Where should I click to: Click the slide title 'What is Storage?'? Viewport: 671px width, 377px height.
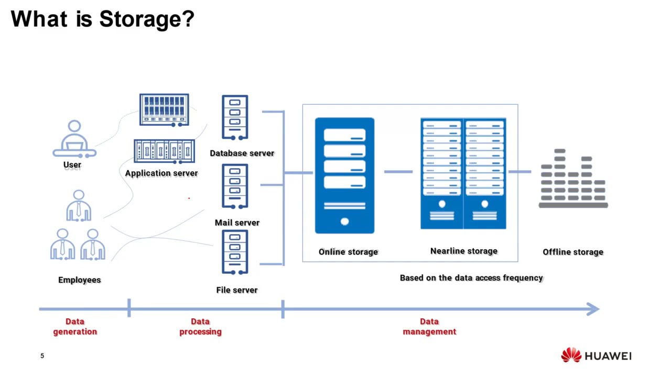102,19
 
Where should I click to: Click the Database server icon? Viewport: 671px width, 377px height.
235,118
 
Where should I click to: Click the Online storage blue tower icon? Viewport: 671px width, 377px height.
344,175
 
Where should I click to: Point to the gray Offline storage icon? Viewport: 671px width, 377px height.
573,179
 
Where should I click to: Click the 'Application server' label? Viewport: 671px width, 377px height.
161,173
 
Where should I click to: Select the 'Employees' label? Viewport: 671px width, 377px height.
79,280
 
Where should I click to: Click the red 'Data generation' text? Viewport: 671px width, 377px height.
75,326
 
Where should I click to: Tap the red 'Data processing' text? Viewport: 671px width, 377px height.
200,326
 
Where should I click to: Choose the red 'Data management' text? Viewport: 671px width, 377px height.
429,326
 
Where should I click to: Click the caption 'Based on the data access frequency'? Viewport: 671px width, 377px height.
471,278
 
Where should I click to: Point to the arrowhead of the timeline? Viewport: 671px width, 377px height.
593,309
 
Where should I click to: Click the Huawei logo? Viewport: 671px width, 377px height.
596,356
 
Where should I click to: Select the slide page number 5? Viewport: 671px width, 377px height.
42,356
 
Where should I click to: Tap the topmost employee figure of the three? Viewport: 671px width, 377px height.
79,205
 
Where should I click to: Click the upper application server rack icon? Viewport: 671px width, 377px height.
164,109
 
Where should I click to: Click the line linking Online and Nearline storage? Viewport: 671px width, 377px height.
397,172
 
